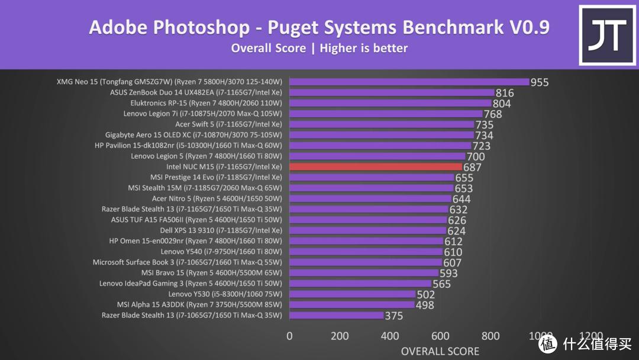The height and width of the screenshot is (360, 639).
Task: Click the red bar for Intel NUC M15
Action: pos(375,167)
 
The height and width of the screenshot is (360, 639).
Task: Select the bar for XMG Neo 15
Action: pos(409,82)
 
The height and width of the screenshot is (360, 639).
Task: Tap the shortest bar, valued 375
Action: pos(336,316)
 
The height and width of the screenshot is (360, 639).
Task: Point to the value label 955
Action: pos(539,82)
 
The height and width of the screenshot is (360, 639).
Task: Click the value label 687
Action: pos(472,168)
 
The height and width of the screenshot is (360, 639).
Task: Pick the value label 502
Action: pos(426,294)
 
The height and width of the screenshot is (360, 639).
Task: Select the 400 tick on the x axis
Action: pos(390,336)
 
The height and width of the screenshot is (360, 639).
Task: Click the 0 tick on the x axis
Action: pos(289,336)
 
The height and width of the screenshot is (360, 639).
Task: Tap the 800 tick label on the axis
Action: pos(490,336)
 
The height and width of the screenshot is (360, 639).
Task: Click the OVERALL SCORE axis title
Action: pos(440,351)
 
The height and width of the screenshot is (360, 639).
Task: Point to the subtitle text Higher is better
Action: pos(363,49)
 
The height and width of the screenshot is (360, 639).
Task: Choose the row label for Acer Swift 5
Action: pos(228,124)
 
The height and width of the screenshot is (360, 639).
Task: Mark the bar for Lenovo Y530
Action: pos(352,294)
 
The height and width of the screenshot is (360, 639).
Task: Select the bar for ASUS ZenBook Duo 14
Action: pos(391,92)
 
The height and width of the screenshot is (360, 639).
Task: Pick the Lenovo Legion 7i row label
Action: pos(203,114)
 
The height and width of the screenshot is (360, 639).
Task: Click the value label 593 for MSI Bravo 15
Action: pos(448,273)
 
